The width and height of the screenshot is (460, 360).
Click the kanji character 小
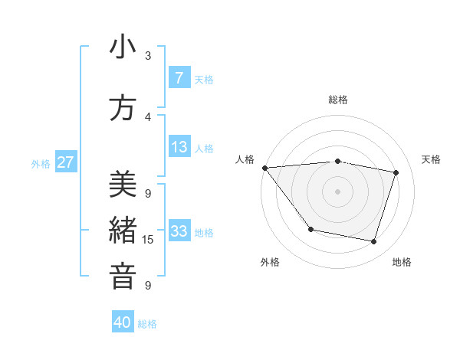click(x=123, y=48)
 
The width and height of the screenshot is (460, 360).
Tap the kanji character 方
click(x=123, y=109)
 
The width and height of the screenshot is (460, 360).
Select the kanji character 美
click(x=123, y=185)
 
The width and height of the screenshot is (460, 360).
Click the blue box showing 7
click(x=179, y=78)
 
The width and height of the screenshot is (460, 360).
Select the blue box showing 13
click(x=179, y=147)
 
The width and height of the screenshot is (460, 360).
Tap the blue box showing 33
click(x=179, y=231)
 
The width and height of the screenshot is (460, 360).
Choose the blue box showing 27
click(x=65, y=162)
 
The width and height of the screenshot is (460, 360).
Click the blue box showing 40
click(x=123, y=322)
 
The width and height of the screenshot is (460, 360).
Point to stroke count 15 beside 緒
click(x=148, y=240)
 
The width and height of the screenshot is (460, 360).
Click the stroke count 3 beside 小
click(x=148, y=56)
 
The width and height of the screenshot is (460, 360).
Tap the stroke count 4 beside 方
click(x=148, y=117)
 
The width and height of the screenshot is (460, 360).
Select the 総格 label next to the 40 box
click(x=147, y=324)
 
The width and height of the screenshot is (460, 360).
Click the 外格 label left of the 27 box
click(x=41, y=163)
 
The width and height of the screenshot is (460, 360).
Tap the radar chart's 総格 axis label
click(x=338, y=100)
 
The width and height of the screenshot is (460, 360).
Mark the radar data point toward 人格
click(x=264, y=168)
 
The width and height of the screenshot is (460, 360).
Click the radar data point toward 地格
click(x=373, y=241)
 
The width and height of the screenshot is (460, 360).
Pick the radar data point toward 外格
click(x=310, y=229)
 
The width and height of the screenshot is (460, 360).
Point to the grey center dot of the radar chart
click(x=338, y=191)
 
